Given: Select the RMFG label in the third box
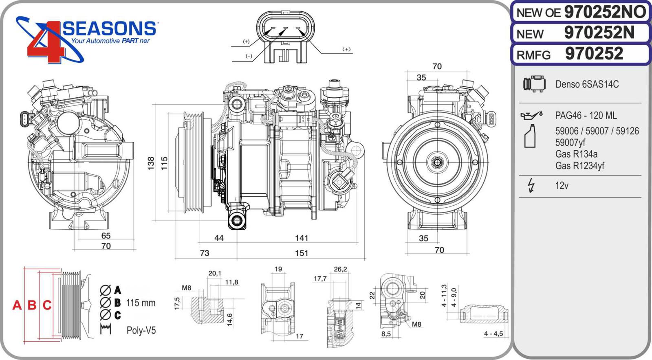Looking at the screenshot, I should coord(533,55).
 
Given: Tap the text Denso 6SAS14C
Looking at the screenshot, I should coord(587,84).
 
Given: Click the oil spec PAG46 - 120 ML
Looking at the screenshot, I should coord(586,115).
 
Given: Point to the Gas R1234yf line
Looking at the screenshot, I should coord(579,166).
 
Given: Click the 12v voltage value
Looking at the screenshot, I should coord(562,186).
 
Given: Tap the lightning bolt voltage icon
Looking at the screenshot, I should coord(531,185).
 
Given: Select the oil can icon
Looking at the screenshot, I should coord(531,115).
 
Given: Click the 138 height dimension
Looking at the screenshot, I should coord(151,163).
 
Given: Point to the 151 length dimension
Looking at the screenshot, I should coord(302,253).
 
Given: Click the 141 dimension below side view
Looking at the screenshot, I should coord(302,238).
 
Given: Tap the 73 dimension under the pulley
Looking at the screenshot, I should coord(205,253).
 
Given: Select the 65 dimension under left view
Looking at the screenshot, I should coord(106,235).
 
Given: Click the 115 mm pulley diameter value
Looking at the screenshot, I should coord(141,303).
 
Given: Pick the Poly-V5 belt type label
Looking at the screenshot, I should coord(141,330).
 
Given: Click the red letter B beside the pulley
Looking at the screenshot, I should coord(32,305).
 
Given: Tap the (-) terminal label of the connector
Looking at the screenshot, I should coord(249,56).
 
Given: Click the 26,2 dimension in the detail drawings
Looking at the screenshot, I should coord(340,269).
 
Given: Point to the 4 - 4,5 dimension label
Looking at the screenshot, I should coord(493,334).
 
